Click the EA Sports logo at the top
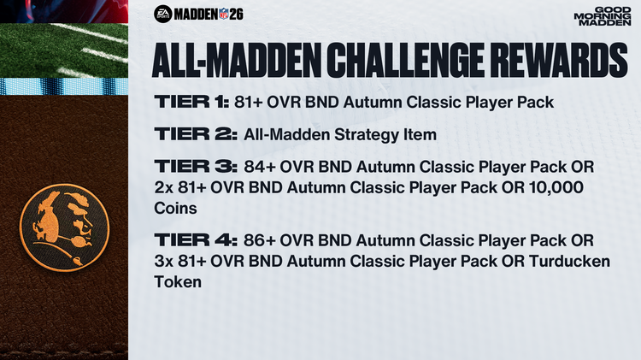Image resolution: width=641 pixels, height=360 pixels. pyautogui.click(x=163, y=13)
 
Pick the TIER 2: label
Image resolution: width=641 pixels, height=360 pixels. pyautogui.click(x=191, y=133)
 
